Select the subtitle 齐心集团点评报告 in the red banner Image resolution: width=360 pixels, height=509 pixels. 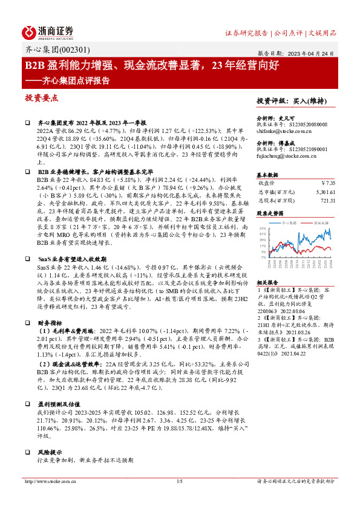[78, 79]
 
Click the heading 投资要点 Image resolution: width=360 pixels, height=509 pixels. [41, 97]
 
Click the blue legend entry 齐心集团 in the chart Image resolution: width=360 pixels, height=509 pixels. [290, 222]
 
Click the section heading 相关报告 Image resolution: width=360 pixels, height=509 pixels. [267, 282]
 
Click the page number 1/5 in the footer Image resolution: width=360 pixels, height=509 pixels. [179, 481]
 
